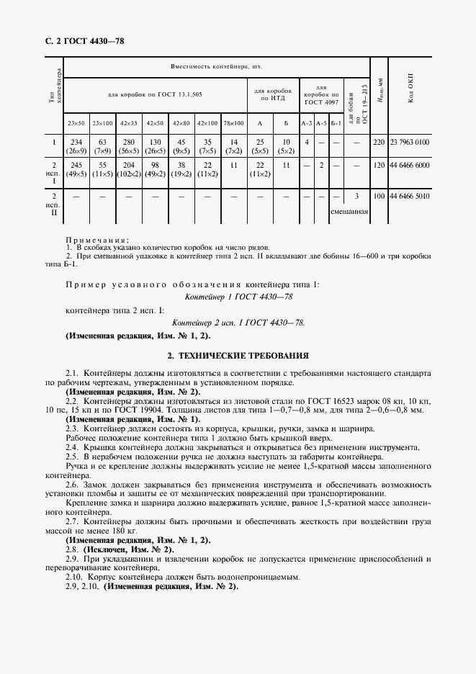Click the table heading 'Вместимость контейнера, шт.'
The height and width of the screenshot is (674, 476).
(x=216, y=66)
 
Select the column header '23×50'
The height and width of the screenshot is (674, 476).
(x=76, y=123)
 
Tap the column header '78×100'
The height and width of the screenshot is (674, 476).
(x=234, y=123)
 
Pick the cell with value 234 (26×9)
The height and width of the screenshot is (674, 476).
(x=76, y=147)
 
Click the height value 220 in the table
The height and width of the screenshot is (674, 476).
(x=379, y=143)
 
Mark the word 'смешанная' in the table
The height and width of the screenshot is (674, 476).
(x=349, y=212)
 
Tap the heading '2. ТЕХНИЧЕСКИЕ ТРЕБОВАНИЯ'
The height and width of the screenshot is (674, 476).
(x=238, y=355)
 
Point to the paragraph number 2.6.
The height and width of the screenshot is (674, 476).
(x=72, y=486)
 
